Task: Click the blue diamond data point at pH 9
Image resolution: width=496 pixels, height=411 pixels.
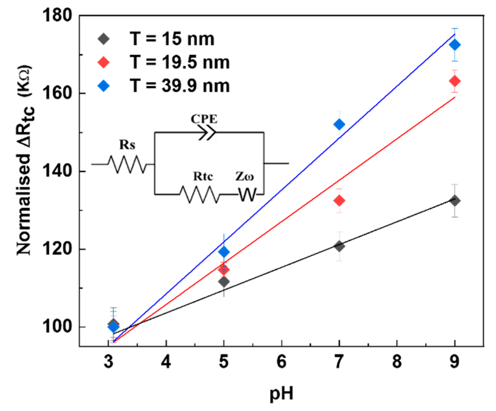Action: (455, 45)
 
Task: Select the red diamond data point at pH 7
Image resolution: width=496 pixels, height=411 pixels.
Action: (339, 201)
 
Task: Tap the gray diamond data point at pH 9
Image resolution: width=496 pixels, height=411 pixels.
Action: (455, 201)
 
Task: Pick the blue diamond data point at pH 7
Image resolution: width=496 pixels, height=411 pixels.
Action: (339, 124)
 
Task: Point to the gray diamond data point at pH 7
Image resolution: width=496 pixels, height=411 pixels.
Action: (339, 246)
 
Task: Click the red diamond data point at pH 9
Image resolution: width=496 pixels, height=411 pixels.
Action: (455, 81)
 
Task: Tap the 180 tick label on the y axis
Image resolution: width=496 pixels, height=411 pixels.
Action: (57, 15)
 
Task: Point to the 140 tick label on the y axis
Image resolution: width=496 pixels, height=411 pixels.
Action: (57, 171)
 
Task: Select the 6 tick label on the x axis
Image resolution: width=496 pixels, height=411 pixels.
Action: (281, 362)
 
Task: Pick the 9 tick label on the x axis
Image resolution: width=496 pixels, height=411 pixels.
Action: (455, 362)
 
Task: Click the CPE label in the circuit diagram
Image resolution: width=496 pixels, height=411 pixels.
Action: (204, 119)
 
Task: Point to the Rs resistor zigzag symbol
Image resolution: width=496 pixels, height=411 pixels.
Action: (127, 164)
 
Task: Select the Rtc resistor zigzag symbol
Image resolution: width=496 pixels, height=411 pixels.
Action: (200, 194)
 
